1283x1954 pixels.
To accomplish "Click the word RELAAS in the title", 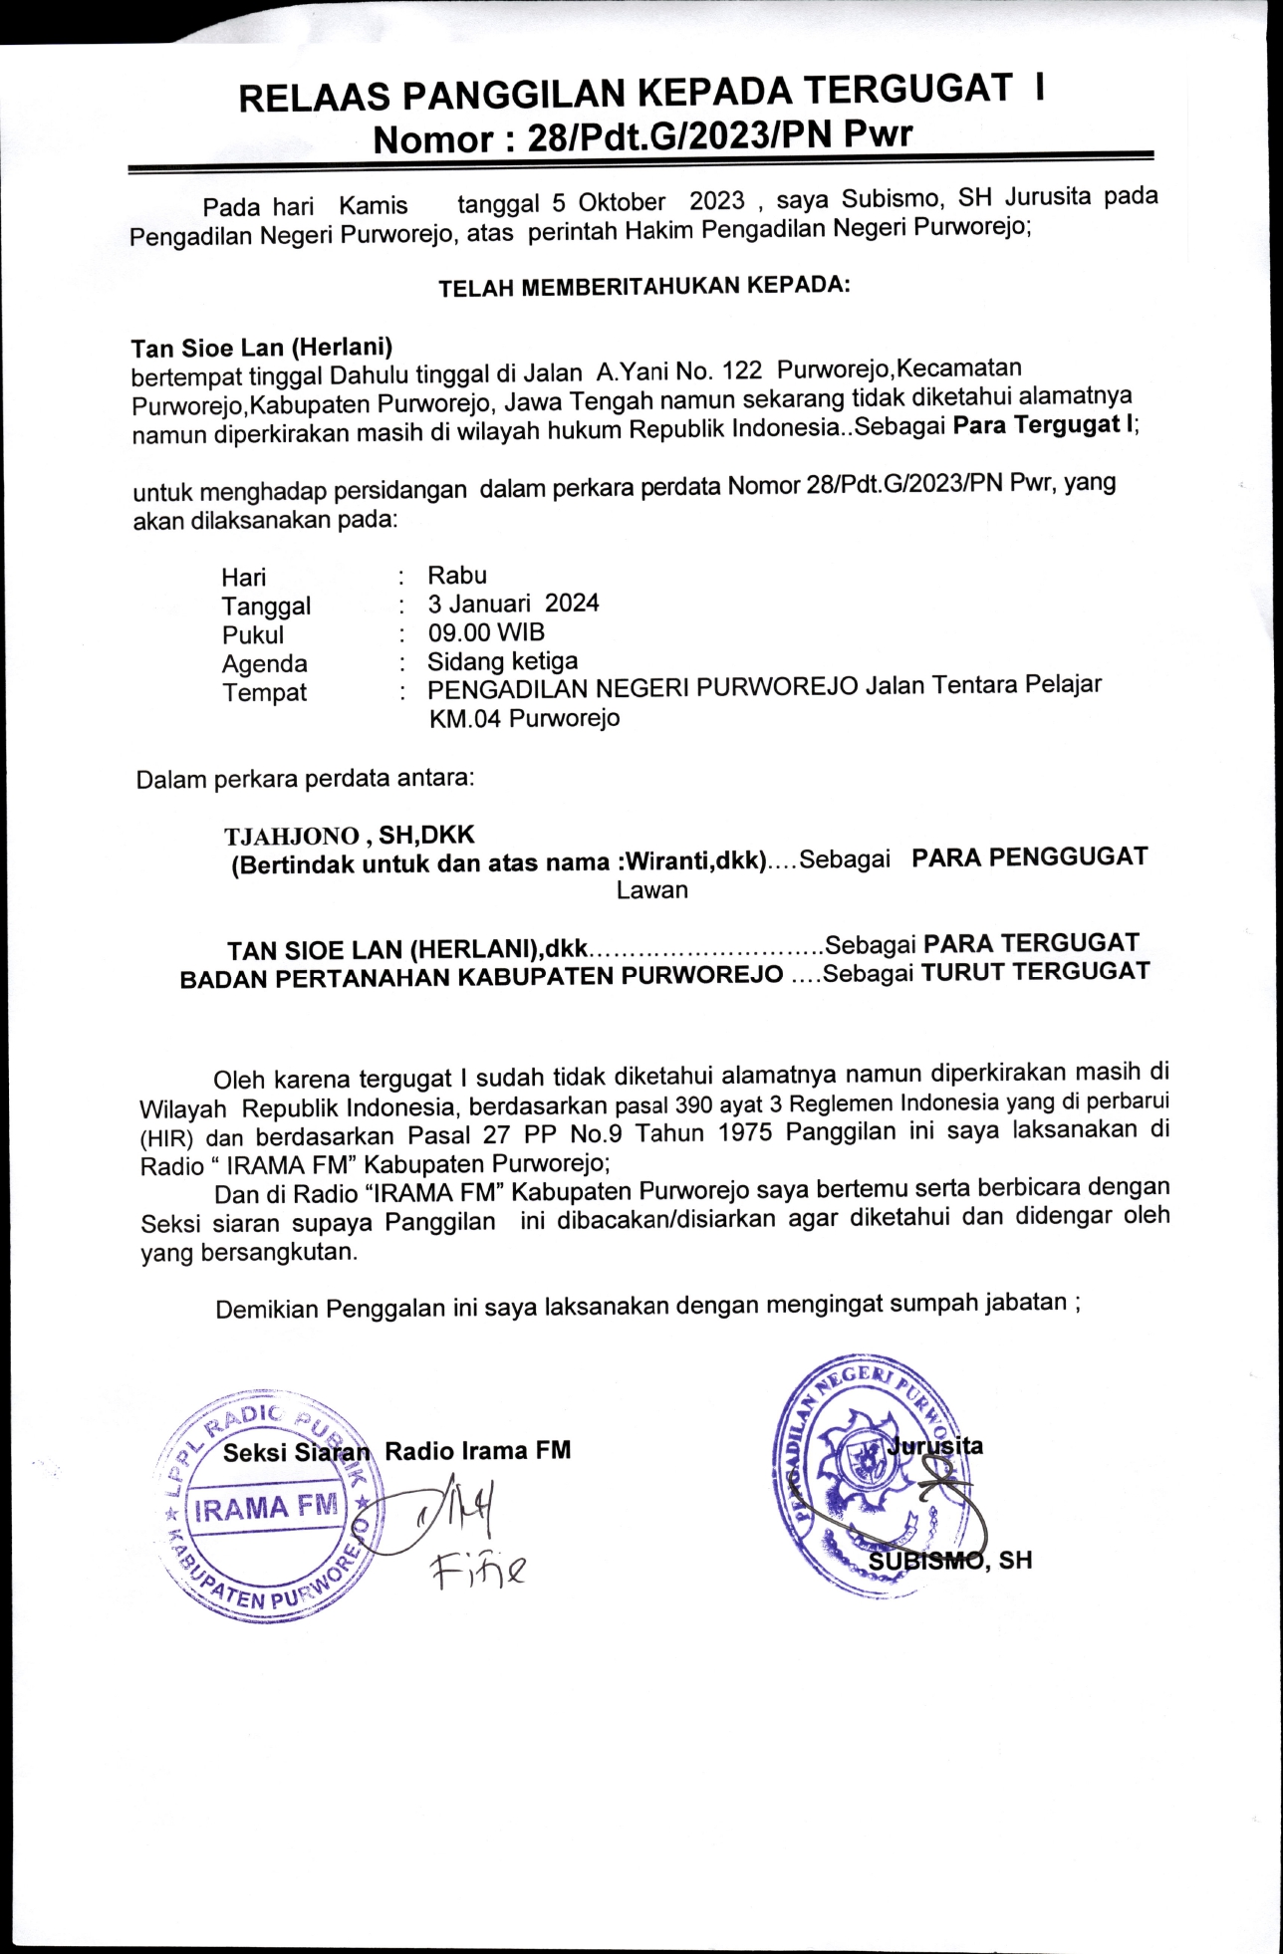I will tap(314, 98).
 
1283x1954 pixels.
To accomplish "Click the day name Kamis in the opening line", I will tap(373, 206).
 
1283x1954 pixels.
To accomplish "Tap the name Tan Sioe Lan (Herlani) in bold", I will tap(261, 348).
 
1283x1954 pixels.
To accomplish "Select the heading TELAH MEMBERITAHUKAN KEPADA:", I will tap(644, 287).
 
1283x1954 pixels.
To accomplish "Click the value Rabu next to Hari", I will tap(457, 576).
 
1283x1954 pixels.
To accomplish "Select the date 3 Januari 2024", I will tap(513, 604).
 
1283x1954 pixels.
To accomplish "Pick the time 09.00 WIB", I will tap(486, 632).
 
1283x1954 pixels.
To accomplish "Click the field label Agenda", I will tap(264, 663).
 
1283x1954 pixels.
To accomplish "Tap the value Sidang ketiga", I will tap(502, 661).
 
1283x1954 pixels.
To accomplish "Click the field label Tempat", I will tap(264, 692).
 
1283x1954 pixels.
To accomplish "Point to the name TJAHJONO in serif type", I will tap(291, 836).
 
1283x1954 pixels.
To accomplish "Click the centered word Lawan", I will tap(651, 890).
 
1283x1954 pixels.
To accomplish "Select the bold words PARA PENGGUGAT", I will tap(1029, 856).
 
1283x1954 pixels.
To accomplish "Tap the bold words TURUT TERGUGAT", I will tap(1035, 972).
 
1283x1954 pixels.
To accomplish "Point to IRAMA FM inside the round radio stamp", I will tap(267, 1508).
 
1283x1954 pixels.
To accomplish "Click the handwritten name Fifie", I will tap(478, 1571).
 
